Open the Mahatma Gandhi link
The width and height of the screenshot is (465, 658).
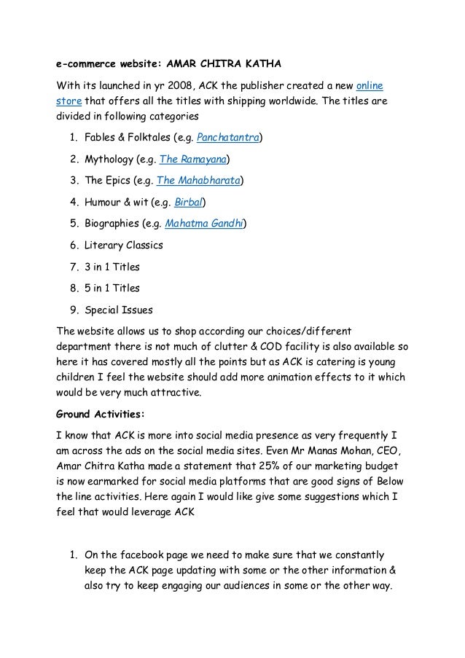(205, 224)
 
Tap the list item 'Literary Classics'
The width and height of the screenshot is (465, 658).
(123, 246)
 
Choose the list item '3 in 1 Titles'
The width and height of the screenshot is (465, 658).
(112, 267)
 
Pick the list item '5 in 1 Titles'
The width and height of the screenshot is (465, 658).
(112, 288)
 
